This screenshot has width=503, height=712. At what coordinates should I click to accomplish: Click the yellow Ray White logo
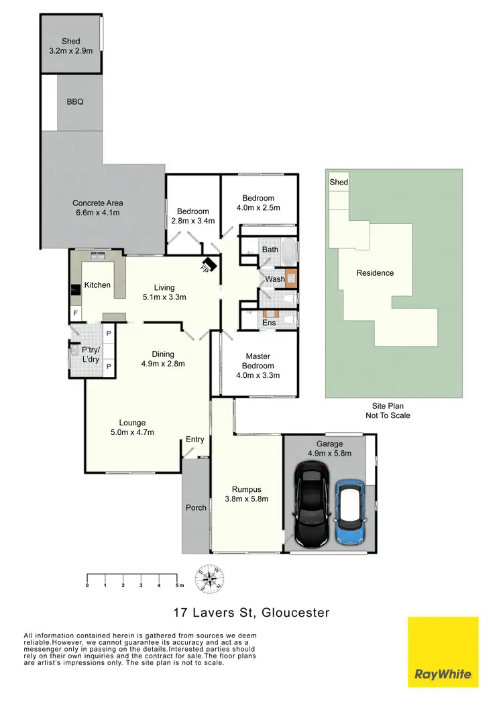coord(443,652)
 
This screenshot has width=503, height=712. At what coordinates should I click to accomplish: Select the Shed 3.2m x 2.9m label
coord(70,46)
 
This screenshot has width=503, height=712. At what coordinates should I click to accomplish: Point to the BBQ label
coord(75,103)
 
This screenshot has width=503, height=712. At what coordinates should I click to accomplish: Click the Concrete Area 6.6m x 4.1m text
coord(98,208)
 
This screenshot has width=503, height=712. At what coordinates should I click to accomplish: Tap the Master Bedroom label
coord(258,361)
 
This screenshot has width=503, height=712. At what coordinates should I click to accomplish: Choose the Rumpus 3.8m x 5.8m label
coord(246,494)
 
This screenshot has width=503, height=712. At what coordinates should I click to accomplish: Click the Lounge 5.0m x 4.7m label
coord(133,427)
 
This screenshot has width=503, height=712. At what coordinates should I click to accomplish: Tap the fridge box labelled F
coord(75,313)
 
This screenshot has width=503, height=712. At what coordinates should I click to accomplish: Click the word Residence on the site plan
coord(375,273)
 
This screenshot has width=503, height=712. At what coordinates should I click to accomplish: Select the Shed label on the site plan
coord(339,183)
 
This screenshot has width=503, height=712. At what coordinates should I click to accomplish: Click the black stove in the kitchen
coord(74,291)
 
